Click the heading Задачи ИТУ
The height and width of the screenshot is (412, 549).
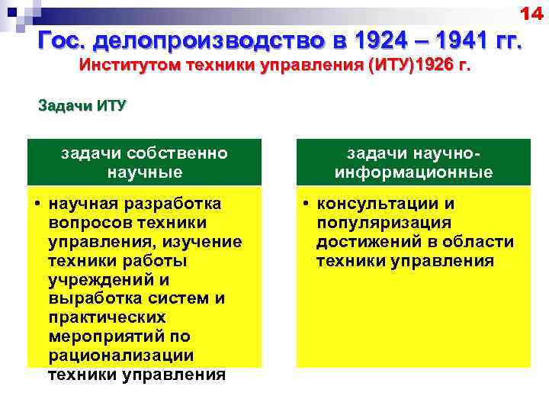82,105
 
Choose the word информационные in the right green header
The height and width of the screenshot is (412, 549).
413,172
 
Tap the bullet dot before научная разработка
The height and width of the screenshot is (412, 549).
37,204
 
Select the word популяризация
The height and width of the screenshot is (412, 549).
384,223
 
